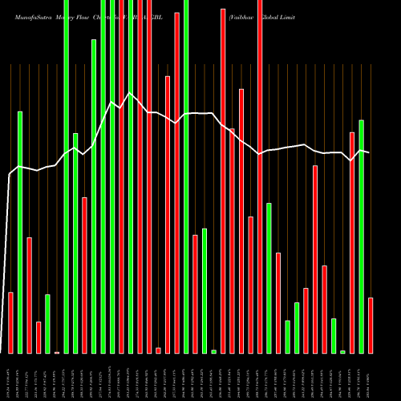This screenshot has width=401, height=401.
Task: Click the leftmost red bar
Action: click(x=10, y=322)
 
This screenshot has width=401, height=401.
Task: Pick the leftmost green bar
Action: click(x=20, y=233)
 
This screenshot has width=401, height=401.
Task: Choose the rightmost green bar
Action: click(x=362, y=237)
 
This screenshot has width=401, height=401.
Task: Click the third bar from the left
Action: click(x=29, y=295)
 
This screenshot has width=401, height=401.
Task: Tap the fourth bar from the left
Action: click(x=38, y=337)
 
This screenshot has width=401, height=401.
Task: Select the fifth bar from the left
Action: click(x=47, y=323)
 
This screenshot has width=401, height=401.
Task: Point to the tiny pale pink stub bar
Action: click(x=57, y=352)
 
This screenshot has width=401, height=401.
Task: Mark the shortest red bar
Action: click(x=158, y=350)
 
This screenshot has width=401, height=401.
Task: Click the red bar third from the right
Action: click(x=325, y=309)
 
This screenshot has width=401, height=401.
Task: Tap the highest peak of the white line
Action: click(x=131, y=93)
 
